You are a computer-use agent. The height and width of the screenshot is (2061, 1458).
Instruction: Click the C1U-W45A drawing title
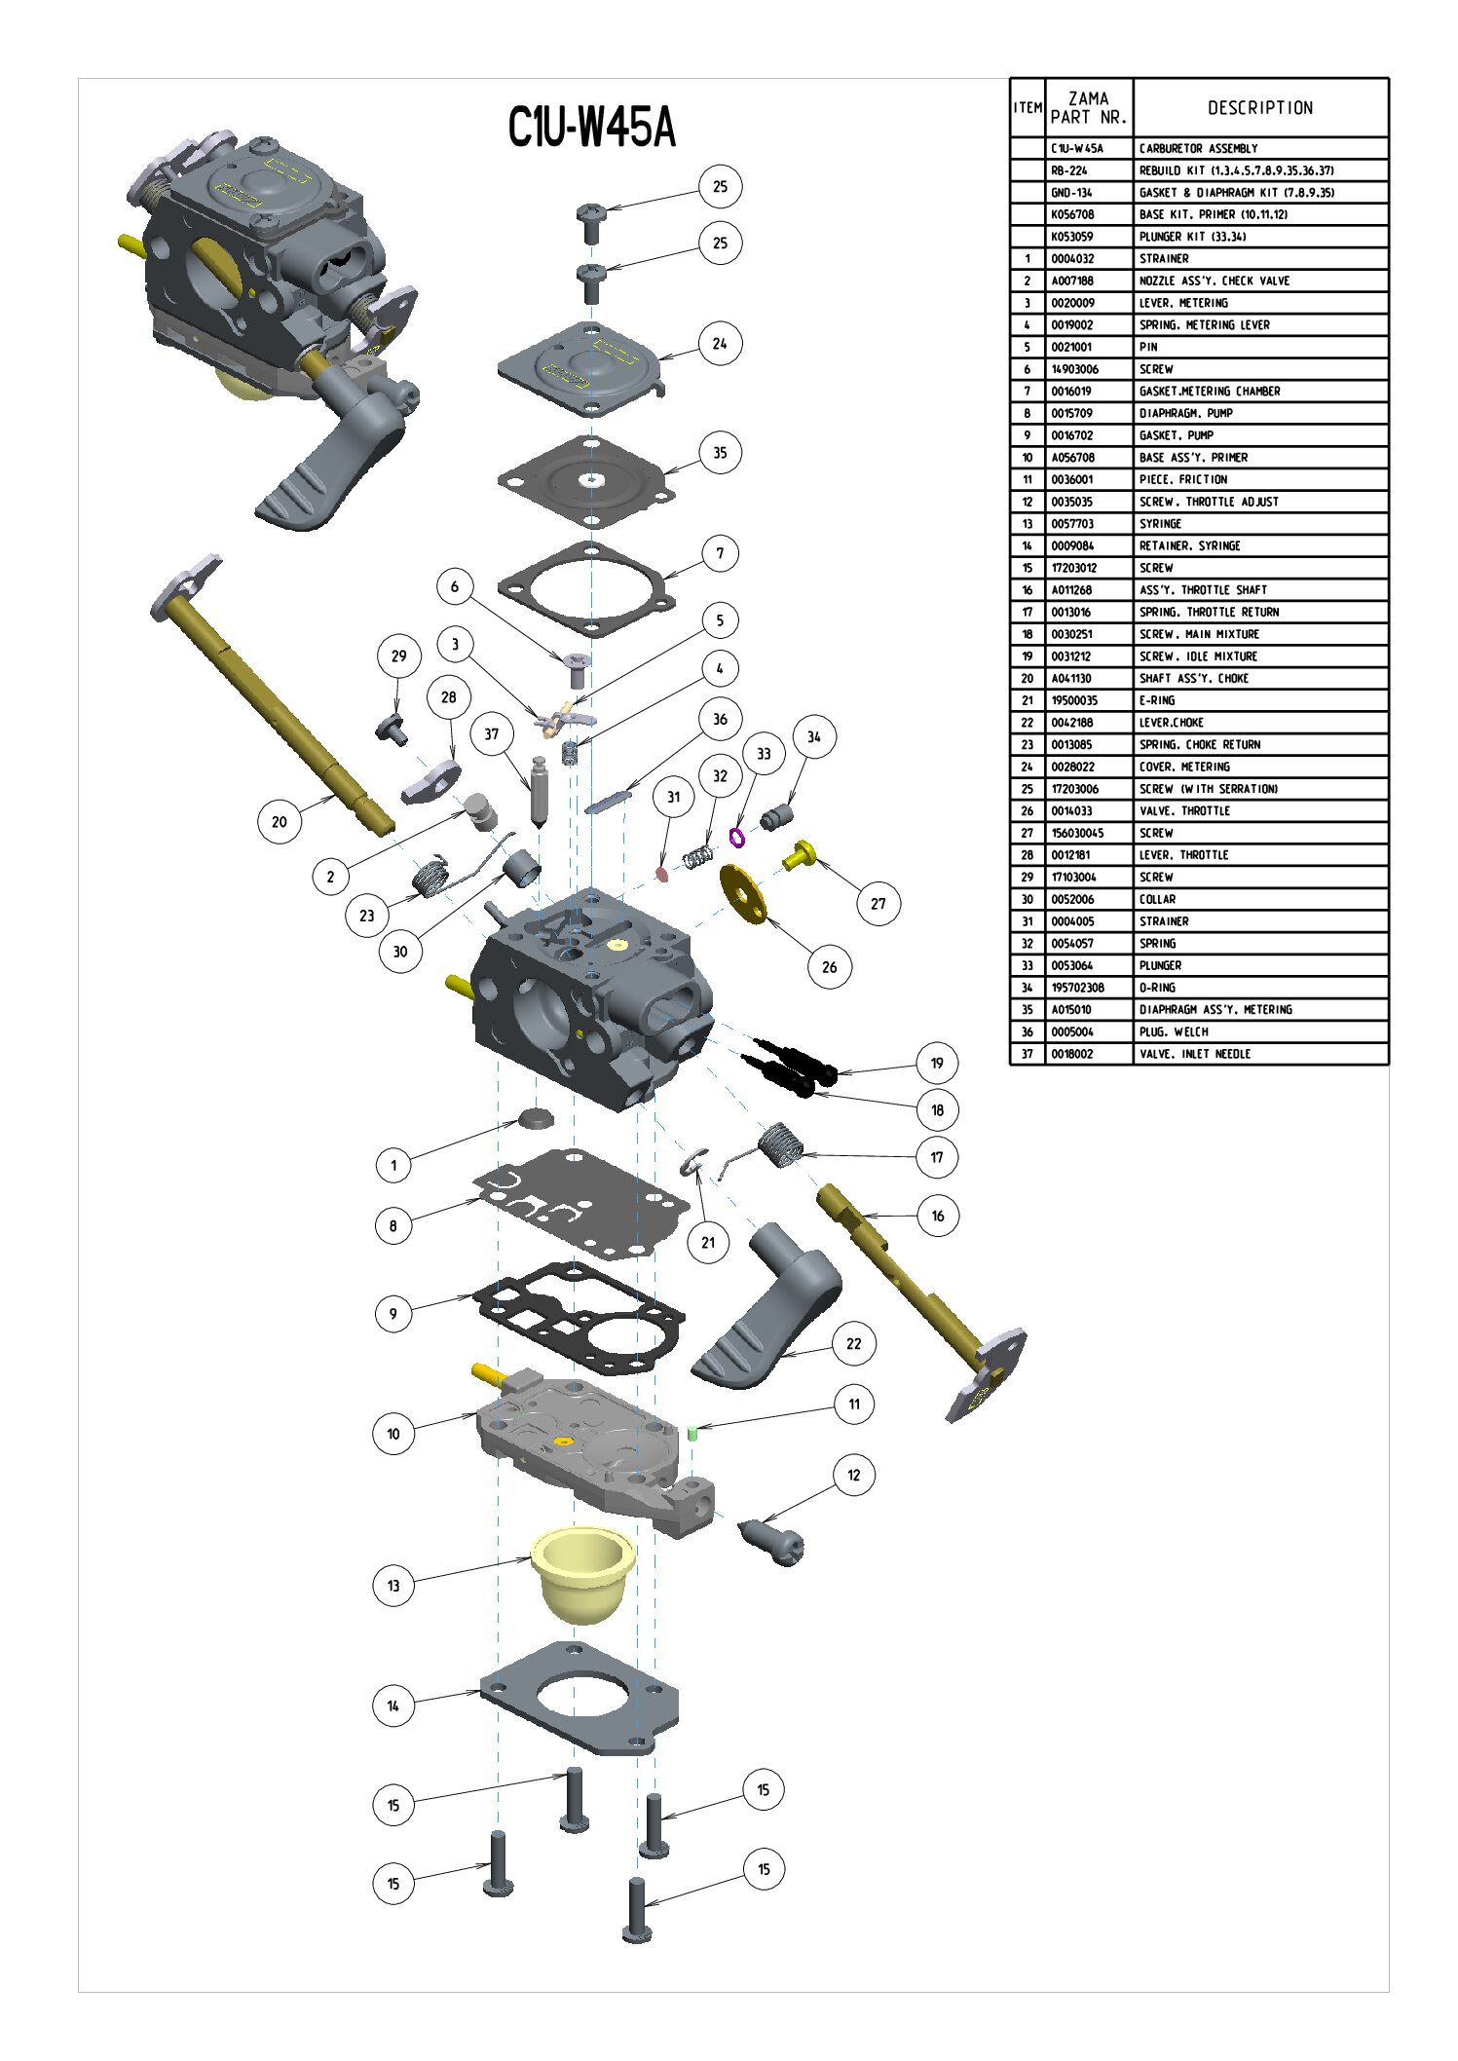click(591, 128)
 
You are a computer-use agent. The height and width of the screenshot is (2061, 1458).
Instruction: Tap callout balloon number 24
click(720, 343)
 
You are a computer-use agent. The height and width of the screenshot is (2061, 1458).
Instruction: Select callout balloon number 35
click(720, 452)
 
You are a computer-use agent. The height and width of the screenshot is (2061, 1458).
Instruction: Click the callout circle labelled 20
click(280, 821)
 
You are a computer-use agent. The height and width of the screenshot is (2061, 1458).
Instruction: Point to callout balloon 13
click(393, 1585)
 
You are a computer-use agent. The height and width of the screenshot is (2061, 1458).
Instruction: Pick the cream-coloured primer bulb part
click(581, 1571)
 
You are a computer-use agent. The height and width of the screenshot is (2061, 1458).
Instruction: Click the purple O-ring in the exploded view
click(737, 836)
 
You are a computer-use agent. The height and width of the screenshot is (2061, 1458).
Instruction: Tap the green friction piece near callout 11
click(692, 1432)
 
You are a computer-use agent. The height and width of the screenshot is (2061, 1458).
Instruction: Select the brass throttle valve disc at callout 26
click(743, 891)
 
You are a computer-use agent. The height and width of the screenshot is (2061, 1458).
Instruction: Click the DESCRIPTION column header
click(1260, 108)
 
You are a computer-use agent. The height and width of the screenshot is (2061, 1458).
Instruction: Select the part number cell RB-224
click(1069, 170)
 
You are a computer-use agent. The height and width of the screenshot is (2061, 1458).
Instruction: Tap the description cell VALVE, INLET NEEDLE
click(1195, 1054)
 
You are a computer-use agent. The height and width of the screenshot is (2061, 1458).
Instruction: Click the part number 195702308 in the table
click(1077, 988)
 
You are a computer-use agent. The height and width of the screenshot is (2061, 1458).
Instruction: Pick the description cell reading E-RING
click(1157, 700)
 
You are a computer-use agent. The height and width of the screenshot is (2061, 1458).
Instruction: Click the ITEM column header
click(1028, 108)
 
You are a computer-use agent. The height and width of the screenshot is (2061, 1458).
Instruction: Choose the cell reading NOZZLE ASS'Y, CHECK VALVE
click(1215, 281)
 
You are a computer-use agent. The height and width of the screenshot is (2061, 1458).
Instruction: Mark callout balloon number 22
click(854, 1343)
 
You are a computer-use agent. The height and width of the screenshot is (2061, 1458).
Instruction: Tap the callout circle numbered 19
click(937, 1063)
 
